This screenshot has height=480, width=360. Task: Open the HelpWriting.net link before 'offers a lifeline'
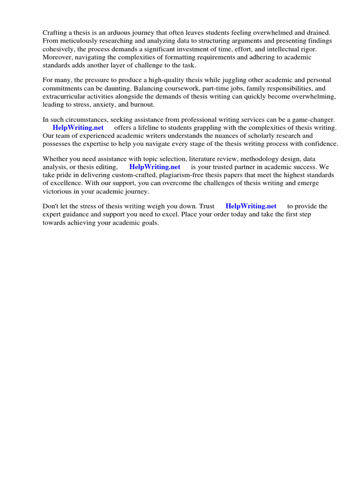click(x=78, y=127)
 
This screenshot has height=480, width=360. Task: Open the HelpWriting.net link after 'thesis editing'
click(x=155, y=166)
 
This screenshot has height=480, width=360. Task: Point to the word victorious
click(x=59, y=191)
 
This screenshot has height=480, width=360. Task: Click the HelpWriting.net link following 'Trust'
click(x=251, y=206)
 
